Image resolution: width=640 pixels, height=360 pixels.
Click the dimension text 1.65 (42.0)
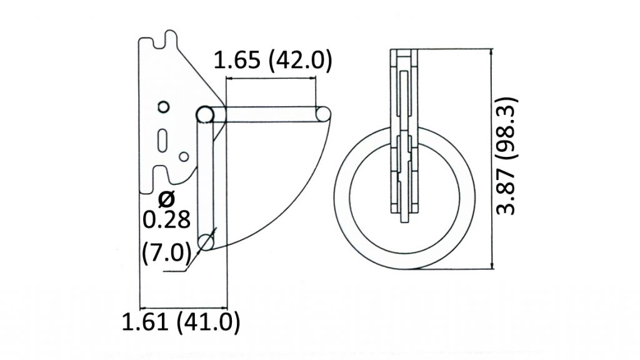[272, 61]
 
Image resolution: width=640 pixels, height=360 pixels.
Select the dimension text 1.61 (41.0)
[181, 322]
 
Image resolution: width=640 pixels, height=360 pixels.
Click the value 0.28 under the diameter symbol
[166, 221]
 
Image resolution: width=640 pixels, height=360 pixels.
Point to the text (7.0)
[166, 252]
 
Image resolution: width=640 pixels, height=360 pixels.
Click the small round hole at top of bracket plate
[162, 107]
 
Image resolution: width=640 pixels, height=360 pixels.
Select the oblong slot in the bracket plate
[163, 138]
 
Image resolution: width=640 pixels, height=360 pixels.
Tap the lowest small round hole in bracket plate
[184, 156]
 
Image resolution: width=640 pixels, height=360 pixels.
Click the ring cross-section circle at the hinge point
[204, 114]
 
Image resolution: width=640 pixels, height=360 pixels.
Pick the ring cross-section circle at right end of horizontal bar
[323, 114]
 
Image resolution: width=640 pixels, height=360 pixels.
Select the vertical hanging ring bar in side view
[205, 181]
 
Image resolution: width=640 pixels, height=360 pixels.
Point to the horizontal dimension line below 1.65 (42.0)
[270, 79]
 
